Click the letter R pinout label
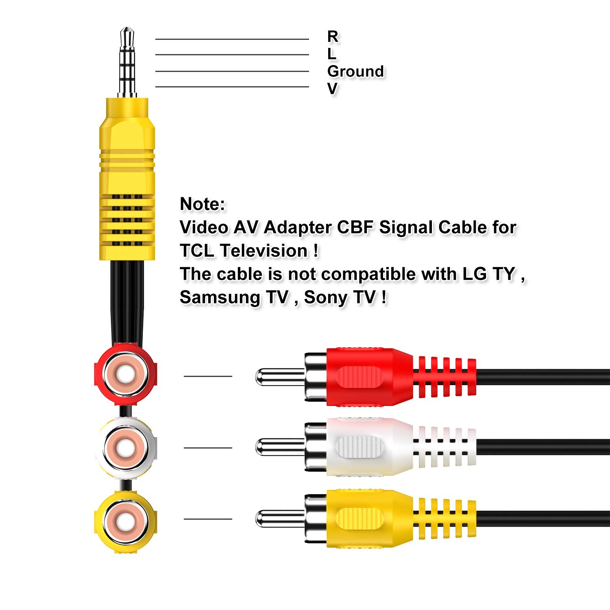tap(333, 37)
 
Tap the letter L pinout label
tap(332, 54)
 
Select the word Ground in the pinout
tap(355, 71)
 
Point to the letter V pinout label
tap(332, 88)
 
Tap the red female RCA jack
tap(125, 375)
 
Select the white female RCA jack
tap(125, 447)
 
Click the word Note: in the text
tap(202, 204)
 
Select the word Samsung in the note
tap(220, 297)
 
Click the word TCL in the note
tap(197, 251)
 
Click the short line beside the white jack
tap(208, 448)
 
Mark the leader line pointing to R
tap(232, 39)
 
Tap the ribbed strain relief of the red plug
tap(444, 377)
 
